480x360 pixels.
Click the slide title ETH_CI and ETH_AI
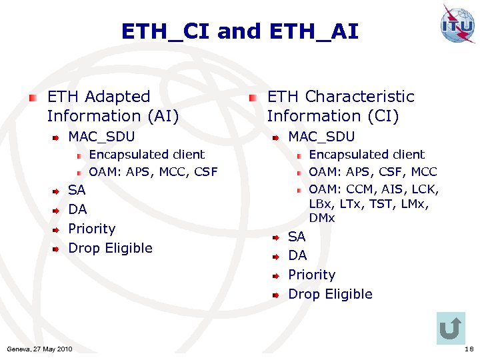pos(239,31)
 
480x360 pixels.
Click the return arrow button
pos(451,328)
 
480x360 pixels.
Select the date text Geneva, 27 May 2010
pos(39,349)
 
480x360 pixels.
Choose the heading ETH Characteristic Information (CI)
pos(340,107)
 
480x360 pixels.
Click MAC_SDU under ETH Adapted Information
pos(101,137)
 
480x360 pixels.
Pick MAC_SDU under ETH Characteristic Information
pos(321,137)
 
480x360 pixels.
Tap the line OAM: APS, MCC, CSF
pos(153,172)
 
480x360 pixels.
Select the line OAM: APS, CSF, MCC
pos(373,172)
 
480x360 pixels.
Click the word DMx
pos(322,218)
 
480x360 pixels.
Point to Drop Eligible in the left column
pos(111,248)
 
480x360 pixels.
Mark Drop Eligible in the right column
pos(330,294)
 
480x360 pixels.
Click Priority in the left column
pos(92,229)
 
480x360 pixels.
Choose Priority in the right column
pos(311,275)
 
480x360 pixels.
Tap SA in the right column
pos(297,236)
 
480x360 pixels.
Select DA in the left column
pos(77,209)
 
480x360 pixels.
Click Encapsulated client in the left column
pos(147,155)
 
